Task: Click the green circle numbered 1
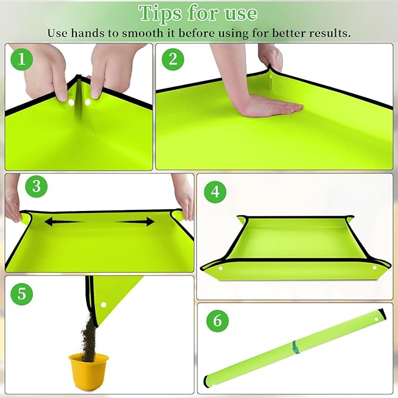coord(22,59)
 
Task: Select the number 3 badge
coord(36,187)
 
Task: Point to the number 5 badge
coord(22,293)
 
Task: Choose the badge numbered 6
coord(217,321)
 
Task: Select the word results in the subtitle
coord(329,33)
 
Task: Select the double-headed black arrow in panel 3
coord(100,222)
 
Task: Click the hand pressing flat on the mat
coord(270,106)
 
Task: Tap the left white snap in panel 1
coord(72,103)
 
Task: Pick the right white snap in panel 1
coord(88,103)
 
